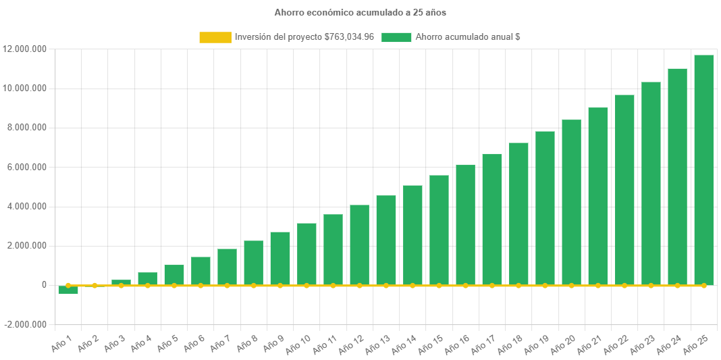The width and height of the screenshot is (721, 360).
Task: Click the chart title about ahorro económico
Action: pos(360,12)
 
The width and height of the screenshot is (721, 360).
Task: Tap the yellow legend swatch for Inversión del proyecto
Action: pos(215,37)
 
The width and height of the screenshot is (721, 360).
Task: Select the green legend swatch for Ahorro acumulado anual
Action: pos(396,37)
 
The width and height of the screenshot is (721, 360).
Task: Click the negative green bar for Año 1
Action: pos(68,290)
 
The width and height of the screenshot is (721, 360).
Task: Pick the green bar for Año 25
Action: pos(704,169)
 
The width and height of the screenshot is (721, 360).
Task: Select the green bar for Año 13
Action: pos(386,240)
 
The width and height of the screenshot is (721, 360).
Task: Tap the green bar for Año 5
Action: pos(174,274)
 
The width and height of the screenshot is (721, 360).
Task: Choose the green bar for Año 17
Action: pos(492,219)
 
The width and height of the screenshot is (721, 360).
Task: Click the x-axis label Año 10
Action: pos(297,344)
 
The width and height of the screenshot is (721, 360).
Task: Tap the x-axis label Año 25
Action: pos(695,344)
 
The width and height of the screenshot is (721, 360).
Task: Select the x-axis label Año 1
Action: pos(62,342)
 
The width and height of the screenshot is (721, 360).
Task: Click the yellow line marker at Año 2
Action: pos(95,286)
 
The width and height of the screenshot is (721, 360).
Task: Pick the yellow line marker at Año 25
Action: pos(704,286)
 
